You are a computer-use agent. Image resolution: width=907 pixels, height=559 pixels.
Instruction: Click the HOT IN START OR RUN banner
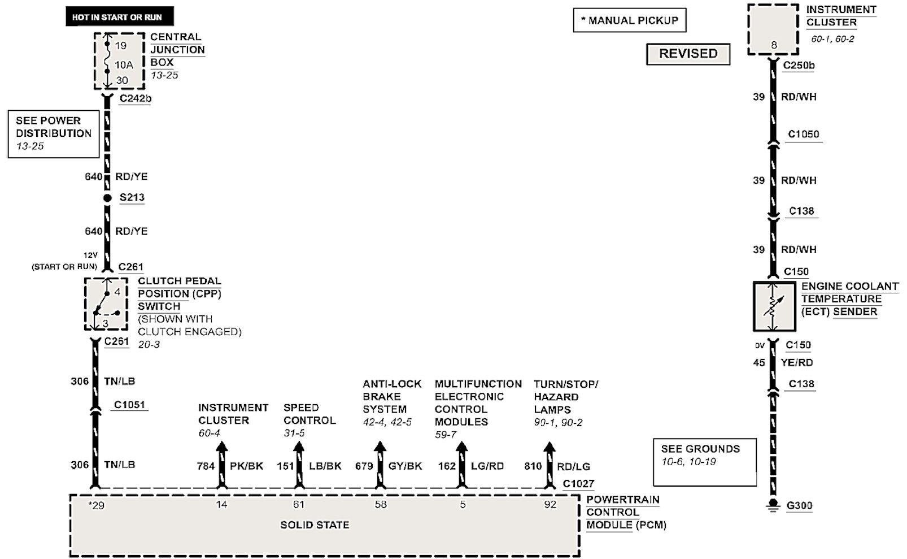click(117, 16)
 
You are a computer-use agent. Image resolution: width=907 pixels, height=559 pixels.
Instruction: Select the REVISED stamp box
click(688, 54)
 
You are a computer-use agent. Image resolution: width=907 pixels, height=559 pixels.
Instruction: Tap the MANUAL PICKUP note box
click(630, 20)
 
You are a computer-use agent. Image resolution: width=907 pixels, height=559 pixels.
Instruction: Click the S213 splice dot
click(107, 198)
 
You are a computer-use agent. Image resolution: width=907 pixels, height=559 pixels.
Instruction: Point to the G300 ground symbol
click(773, 505)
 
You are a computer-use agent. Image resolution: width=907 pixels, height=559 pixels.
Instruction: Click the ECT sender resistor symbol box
click(773, 306)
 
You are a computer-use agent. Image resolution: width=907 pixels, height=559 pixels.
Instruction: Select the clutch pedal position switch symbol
click(106, 304)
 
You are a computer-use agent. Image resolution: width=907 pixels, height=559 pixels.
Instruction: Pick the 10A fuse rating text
click(124, 64)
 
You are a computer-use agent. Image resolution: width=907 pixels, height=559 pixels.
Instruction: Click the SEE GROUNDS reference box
click(704, 462)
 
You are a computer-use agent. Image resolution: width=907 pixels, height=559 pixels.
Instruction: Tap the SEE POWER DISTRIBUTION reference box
click(54, 133)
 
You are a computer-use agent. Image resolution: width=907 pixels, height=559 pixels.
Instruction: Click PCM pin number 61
click(299, 504)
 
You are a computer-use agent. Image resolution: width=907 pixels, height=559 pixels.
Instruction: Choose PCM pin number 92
click(550, 504)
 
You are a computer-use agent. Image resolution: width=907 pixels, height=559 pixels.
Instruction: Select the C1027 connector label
click(578, 484)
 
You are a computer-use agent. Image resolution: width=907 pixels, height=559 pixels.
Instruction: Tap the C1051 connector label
click(129, 405)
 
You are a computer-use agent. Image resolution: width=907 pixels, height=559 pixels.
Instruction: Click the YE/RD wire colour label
click(797, 362)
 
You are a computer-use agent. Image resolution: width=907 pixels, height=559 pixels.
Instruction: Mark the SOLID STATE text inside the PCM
click(315, 525)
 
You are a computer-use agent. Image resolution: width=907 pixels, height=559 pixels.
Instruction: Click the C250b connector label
click(799, 65)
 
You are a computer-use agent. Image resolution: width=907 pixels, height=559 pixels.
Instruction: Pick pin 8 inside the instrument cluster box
click(774, 45)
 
